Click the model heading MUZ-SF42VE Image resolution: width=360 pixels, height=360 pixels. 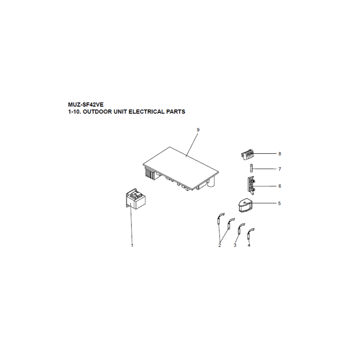tap(86, 105)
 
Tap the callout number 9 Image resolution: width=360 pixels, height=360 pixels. tap(198, 130)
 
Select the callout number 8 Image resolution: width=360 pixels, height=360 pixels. tap(280, 154)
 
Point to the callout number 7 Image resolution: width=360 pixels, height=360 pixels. tap(280, 169)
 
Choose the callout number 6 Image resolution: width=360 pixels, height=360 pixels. tap(280, 186)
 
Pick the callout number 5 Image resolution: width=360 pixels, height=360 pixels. tap(279, 204)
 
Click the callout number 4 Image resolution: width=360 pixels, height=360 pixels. tap(249, 246)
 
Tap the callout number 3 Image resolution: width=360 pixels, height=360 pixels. tap(235, 246)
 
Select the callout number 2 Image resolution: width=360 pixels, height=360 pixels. tap(220, 246)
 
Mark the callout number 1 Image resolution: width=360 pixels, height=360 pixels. tap(132, 246)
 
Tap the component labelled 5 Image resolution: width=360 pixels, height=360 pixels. tap(245, 206)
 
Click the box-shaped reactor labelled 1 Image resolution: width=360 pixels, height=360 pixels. tap(135, 201)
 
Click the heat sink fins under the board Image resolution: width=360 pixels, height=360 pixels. tap(149, 173)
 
